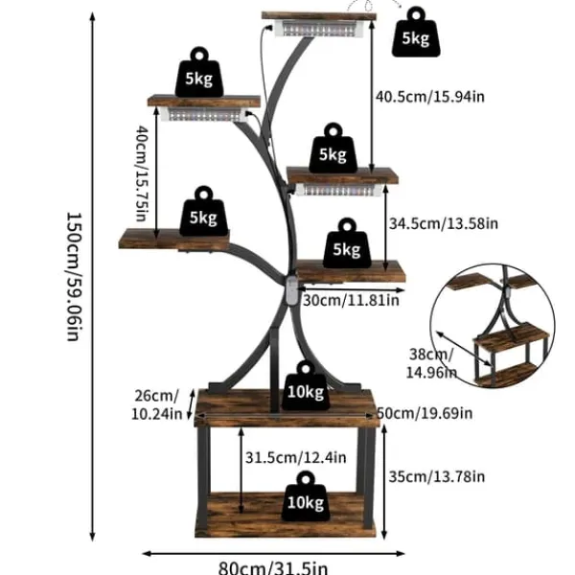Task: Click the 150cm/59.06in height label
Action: pyautogui.click(x=74, y=277)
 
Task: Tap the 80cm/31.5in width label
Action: pyautogui.click(x=273, y=567)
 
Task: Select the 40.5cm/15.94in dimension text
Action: pyautogui.click(x=430, y=97)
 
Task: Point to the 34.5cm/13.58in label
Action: pyautogui.click(x=444, y=223)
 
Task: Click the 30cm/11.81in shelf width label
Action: pyautogui.click(x=351, y=300)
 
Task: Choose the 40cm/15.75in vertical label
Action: pyautogui.click(x=142, y=173)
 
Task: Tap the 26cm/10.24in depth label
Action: pyautogui.click(x=156, y=404)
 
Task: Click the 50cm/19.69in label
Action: pyautogui.click(x=425, y=413)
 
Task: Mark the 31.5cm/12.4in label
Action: pyautogui.click(x=295, y=457)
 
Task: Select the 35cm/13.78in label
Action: pyautogui.click(x=437, y=476)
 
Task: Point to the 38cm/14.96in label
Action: pyautogui.click(x=431, y=363)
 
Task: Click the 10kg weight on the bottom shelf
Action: pyautogui.click(x=306, y=495)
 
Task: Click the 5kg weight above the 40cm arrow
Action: pyautogui.click(x=199, y=72)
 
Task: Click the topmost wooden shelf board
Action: pyautogui.click(x=319, y=15)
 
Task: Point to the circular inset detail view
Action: pyautogui.click(x=493, y=326)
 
